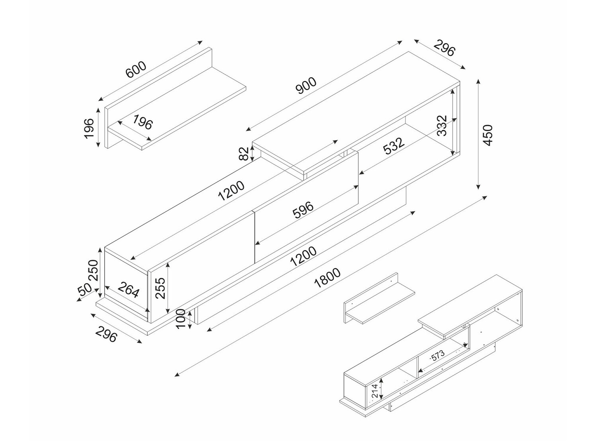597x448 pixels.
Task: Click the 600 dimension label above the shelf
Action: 136,70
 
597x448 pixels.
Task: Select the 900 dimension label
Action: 306,85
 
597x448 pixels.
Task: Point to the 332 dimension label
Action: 442,125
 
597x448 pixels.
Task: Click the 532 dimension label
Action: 394,146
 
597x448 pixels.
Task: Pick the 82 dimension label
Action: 244,153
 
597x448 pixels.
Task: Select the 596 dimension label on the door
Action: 303,210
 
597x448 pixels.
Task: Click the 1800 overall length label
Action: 327,278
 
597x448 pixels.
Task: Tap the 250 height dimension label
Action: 93,270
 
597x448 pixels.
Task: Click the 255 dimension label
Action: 160,288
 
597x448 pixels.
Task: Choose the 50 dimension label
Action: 85,290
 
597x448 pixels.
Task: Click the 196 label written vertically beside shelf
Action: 89,128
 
